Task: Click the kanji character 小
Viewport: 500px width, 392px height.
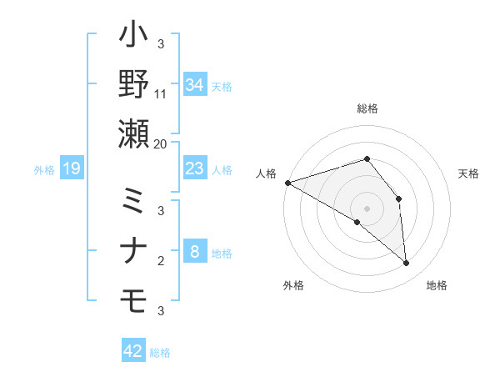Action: click(x=134, y=38)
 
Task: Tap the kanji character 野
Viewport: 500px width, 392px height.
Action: click(x=134, y=85)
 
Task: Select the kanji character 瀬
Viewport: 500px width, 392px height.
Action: click(x=134, y=133)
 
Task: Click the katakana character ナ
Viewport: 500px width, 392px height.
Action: click(x=134, y=251)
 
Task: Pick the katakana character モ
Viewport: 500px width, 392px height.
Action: click(x=134, y=299)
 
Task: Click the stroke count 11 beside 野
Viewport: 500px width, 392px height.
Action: click(x=161, y=94)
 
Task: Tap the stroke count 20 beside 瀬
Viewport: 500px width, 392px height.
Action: click(x=161, y=143)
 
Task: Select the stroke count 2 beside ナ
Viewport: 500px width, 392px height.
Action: click(x=161, y=261)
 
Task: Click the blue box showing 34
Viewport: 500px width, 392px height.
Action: click(x=194, y=85)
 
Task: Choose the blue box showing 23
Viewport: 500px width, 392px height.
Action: click(x=194, y=168)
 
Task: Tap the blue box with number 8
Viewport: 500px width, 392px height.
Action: click(x=194, y=251)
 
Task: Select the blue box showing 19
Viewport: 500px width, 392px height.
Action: click(x=71, y=169)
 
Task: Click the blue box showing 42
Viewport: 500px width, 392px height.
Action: click(x=132, y=351)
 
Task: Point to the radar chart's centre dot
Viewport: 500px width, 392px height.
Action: click(x=367, y=208)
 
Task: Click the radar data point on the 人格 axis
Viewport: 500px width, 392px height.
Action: click(x=287, y=182)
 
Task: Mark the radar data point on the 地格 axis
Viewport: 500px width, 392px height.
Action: click(x=407, y=264)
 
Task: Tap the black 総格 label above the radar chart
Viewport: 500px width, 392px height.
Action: click(x=367, y=108)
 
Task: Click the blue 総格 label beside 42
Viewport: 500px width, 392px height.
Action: click(x=160, y=353)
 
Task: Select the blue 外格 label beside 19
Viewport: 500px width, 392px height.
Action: click(x=43, y=170)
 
